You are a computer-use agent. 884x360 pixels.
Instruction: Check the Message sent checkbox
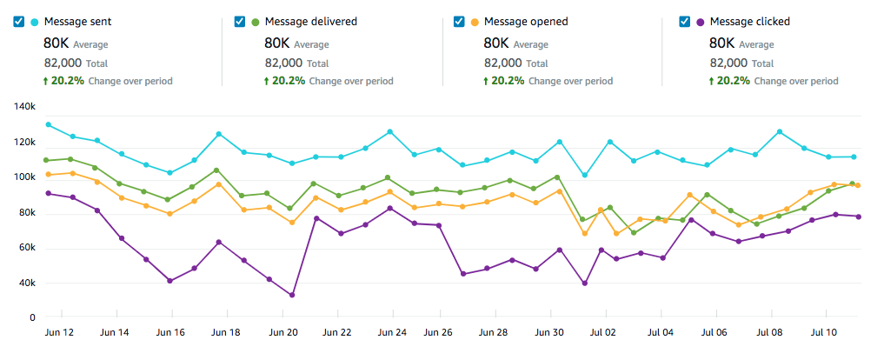coord(19,22)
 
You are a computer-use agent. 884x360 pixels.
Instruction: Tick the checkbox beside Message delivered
coord(240,22)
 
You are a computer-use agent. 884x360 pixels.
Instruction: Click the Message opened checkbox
coord(459,22)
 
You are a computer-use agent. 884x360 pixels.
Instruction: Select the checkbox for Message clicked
coord(685,22)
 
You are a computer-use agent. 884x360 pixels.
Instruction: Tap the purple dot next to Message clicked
coord(699,22)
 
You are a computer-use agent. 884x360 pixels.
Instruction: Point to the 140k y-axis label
coord(23,106)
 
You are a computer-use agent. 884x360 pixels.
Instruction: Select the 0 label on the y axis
coord(30,318)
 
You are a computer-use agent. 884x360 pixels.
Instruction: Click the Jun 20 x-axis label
coord(284,332)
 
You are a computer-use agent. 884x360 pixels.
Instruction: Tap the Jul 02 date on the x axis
coord(602,332)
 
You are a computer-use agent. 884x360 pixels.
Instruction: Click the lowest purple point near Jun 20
coord(291,296)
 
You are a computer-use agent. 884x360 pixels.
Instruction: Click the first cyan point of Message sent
coord(49,124)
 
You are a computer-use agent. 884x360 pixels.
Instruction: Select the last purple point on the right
coord(859,217)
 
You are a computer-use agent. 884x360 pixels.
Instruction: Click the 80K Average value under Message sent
coord(56,43)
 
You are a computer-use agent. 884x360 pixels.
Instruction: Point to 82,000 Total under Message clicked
coord(730,63)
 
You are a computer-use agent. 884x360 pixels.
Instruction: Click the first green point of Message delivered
coord(49,160)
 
